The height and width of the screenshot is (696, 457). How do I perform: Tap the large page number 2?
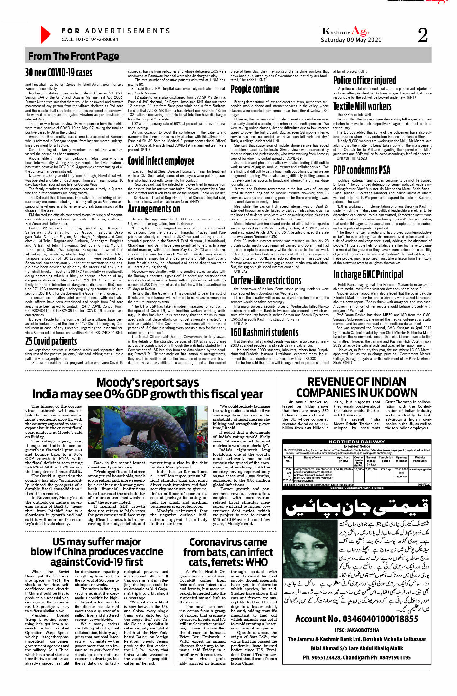tap(422, 35)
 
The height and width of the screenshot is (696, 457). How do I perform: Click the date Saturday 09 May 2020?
tap(351, 40)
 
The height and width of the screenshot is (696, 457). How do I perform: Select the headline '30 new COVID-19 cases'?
tap(59, 73)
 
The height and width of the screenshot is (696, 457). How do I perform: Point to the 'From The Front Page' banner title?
tap(73, 56)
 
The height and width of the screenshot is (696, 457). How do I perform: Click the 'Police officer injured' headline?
tap(364, 80)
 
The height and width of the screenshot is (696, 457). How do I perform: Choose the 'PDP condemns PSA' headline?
tap(362, 170)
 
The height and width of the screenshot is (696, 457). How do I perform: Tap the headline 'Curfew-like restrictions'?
tap(266, 280)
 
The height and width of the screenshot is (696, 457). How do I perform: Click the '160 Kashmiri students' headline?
tap(264, 332)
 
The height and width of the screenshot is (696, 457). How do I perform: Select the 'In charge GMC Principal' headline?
tap(368, 274)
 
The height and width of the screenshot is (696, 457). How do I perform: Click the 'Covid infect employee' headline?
tap(161, 161)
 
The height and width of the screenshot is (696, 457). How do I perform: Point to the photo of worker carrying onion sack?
tap(148, 433)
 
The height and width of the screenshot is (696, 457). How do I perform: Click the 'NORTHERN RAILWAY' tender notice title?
tap(356, 442)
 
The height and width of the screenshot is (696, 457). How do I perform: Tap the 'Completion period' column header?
tap(386, 459)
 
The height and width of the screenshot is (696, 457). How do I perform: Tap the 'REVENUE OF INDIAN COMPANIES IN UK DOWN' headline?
tap(357, 387)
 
